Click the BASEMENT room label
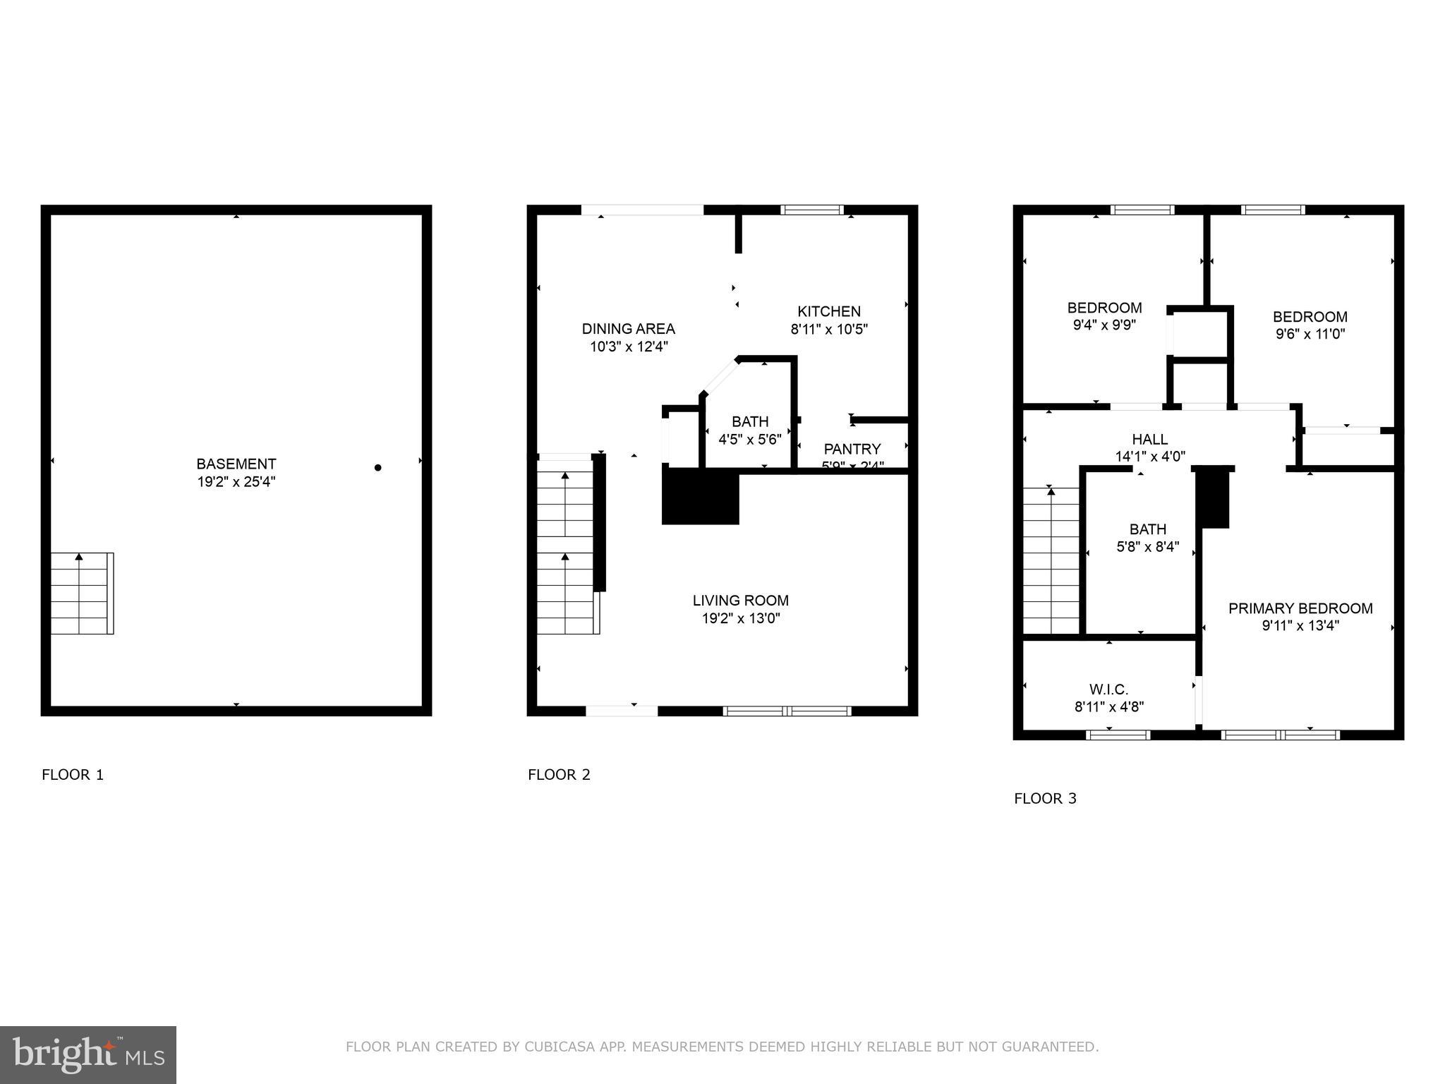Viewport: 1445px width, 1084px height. [236, 464]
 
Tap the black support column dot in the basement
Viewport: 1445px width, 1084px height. [377, 468]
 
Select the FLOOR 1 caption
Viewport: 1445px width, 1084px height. [73, 775]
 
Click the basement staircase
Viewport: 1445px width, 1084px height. [82, 594]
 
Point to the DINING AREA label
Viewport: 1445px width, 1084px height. [628, 329]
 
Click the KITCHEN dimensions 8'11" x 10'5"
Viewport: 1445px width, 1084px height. [828, 329]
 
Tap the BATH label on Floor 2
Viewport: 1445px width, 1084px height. [749, 422]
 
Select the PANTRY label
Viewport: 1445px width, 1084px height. [852, 450]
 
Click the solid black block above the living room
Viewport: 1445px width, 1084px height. [700, 498]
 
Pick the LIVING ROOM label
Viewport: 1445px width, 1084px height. [740, 601]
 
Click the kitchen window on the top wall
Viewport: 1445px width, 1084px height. [811, 210]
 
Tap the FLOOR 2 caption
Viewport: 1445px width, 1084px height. [559, 775]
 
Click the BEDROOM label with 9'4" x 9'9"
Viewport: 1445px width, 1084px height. [1104, 308]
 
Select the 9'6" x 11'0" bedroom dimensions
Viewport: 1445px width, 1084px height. [1310, 335]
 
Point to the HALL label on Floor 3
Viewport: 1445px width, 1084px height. [1149, 440]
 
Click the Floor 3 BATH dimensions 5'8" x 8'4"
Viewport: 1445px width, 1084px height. [1147, 547]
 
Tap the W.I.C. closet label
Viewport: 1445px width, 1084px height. [1108, 689]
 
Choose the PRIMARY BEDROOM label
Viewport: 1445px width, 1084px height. [1300, 609]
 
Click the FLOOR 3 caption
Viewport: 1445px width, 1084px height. [1045, 799]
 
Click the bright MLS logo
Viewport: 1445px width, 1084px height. [88, 1054]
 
